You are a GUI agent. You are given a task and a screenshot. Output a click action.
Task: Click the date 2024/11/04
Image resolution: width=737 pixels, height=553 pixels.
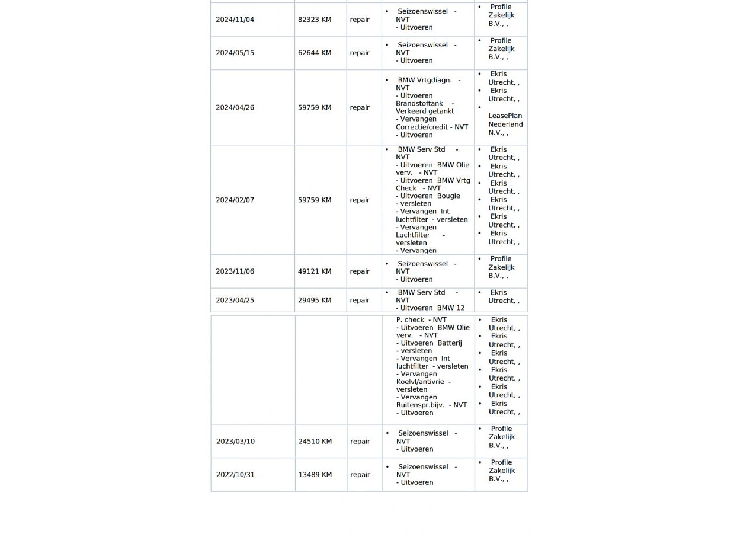click(235, 20)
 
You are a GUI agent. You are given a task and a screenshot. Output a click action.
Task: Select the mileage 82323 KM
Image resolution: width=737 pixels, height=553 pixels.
click(315, 20)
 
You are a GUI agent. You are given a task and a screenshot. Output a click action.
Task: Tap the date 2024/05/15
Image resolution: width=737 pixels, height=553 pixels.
click(235, 53)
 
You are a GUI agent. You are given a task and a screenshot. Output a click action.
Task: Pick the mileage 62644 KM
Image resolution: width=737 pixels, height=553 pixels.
click(315, 53)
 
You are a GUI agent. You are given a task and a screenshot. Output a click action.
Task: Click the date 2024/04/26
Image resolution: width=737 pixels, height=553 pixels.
click(235, 107)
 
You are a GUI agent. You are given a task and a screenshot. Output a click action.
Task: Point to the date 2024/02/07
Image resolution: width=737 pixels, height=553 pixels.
click(235, 200)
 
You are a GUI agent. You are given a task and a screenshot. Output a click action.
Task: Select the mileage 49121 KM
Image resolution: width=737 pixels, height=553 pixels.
click(315, 271)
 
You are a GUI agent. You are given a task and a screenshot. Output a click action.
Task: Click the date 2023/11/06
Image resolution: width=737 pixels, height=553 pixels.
click(235, 271)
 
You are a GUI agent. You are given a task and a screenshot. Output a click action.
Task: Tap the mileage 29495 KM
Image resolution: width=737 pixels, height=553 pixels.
click(315, 300)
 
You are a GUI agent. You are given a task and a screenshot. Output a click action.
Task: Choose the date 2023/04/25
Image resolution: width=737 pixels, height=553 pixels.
click(235, 300)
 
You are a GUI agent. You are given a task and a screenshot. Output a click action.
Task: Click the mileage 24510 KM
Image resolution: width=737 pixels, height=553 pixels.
click(315, 442)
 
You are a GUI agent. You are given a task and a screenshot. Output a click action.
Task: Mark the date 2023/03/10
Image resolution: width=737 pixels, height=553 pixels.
click(235, 442)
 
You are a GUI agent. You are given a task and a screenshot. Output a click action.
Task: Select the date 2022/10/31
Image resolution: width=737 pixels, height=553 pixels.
click(235, 475)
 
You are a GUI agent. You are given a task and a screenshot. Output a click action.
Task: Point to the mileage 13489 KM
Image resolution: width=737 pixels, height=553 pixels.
click(315, 475)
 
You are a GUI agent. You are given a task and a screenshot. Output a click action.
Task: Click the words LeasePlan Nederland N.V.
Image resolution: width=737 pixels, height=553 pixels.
click(505, 124)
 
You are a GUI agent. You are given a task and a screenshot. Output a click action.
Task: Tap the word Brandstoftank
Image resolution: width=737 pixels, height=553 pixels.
click(419, 103)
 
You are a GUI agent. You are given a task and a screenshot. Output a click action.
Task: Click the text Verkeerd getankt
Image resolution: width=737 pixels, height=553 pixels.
click(425, 111)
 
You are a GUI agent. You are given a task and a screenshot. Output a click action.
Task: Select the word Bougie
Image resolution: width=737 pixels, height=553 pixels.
click(448, 196)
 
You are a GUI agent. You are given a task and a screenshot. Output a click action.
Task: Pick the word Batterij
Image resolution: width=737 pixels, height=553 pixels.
click(450, 343)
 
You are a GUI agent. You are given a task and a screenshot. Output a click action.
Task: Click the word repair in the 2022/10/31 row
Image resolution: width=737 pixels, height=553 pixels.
click(360, 475)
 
